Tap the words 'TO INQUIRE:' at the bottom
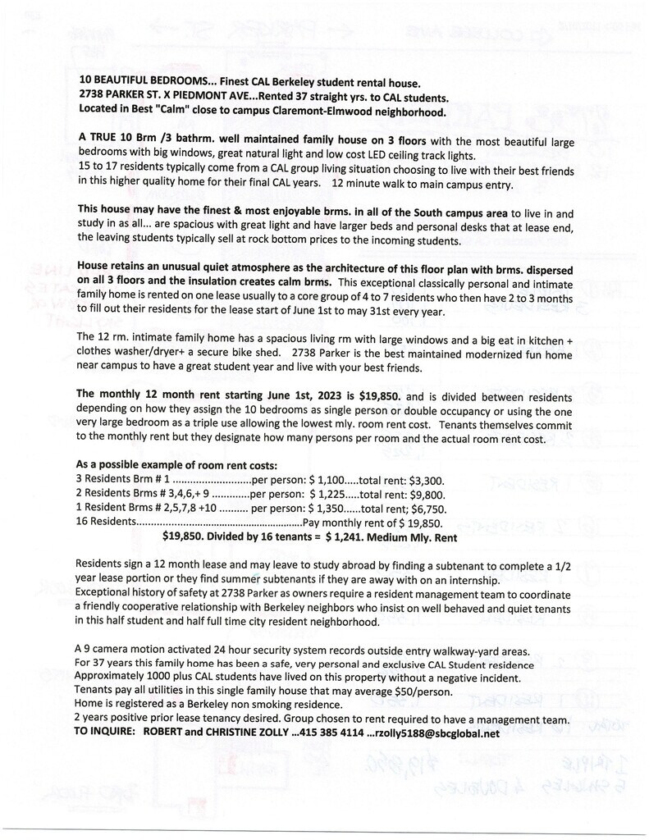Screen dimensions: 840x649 [x=104, y=733]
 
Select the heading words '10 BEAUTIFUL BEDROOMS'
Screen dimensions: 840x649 [x=144, y=82]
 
